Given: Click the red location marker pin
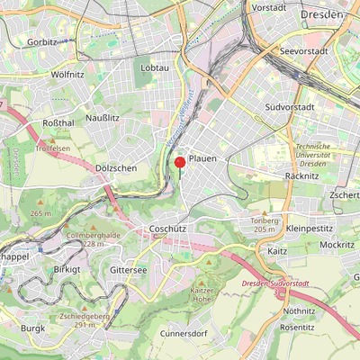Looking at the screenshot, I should point(179,163).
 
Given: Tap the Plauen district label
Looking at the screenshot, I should point(202,158).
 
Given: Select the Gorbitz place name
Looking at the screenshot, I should point(41,42).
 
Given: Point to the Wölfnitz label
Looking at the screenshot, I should point(67,75).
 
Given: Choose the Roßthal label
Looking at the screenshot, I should point(58,122).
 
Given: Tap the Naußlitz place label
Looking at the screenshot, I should point(103,118).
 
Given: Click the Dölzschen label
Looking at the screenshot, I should point(114,168).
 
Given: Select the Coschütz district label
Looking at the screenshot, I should point(167,229).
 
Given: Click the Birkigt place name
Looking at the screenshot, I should point(67,269).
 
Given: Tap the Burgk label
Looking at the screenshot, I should point(33,328).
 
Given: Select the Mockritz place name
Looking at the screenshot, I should point(337,244).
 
